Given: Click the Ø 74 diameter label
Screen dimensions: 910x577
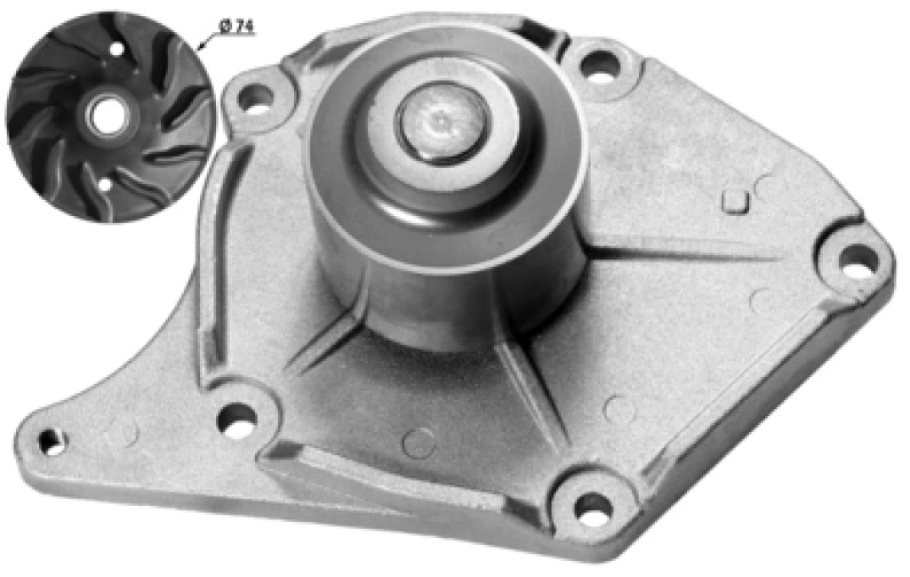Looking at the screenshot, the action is [236, 27].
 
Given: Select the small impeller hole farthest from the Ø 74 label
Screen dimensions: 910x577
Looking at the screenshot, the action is [105, 185].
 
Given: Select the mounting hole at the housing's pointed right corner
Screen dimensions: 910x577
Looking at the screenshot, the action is [858, 260].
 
